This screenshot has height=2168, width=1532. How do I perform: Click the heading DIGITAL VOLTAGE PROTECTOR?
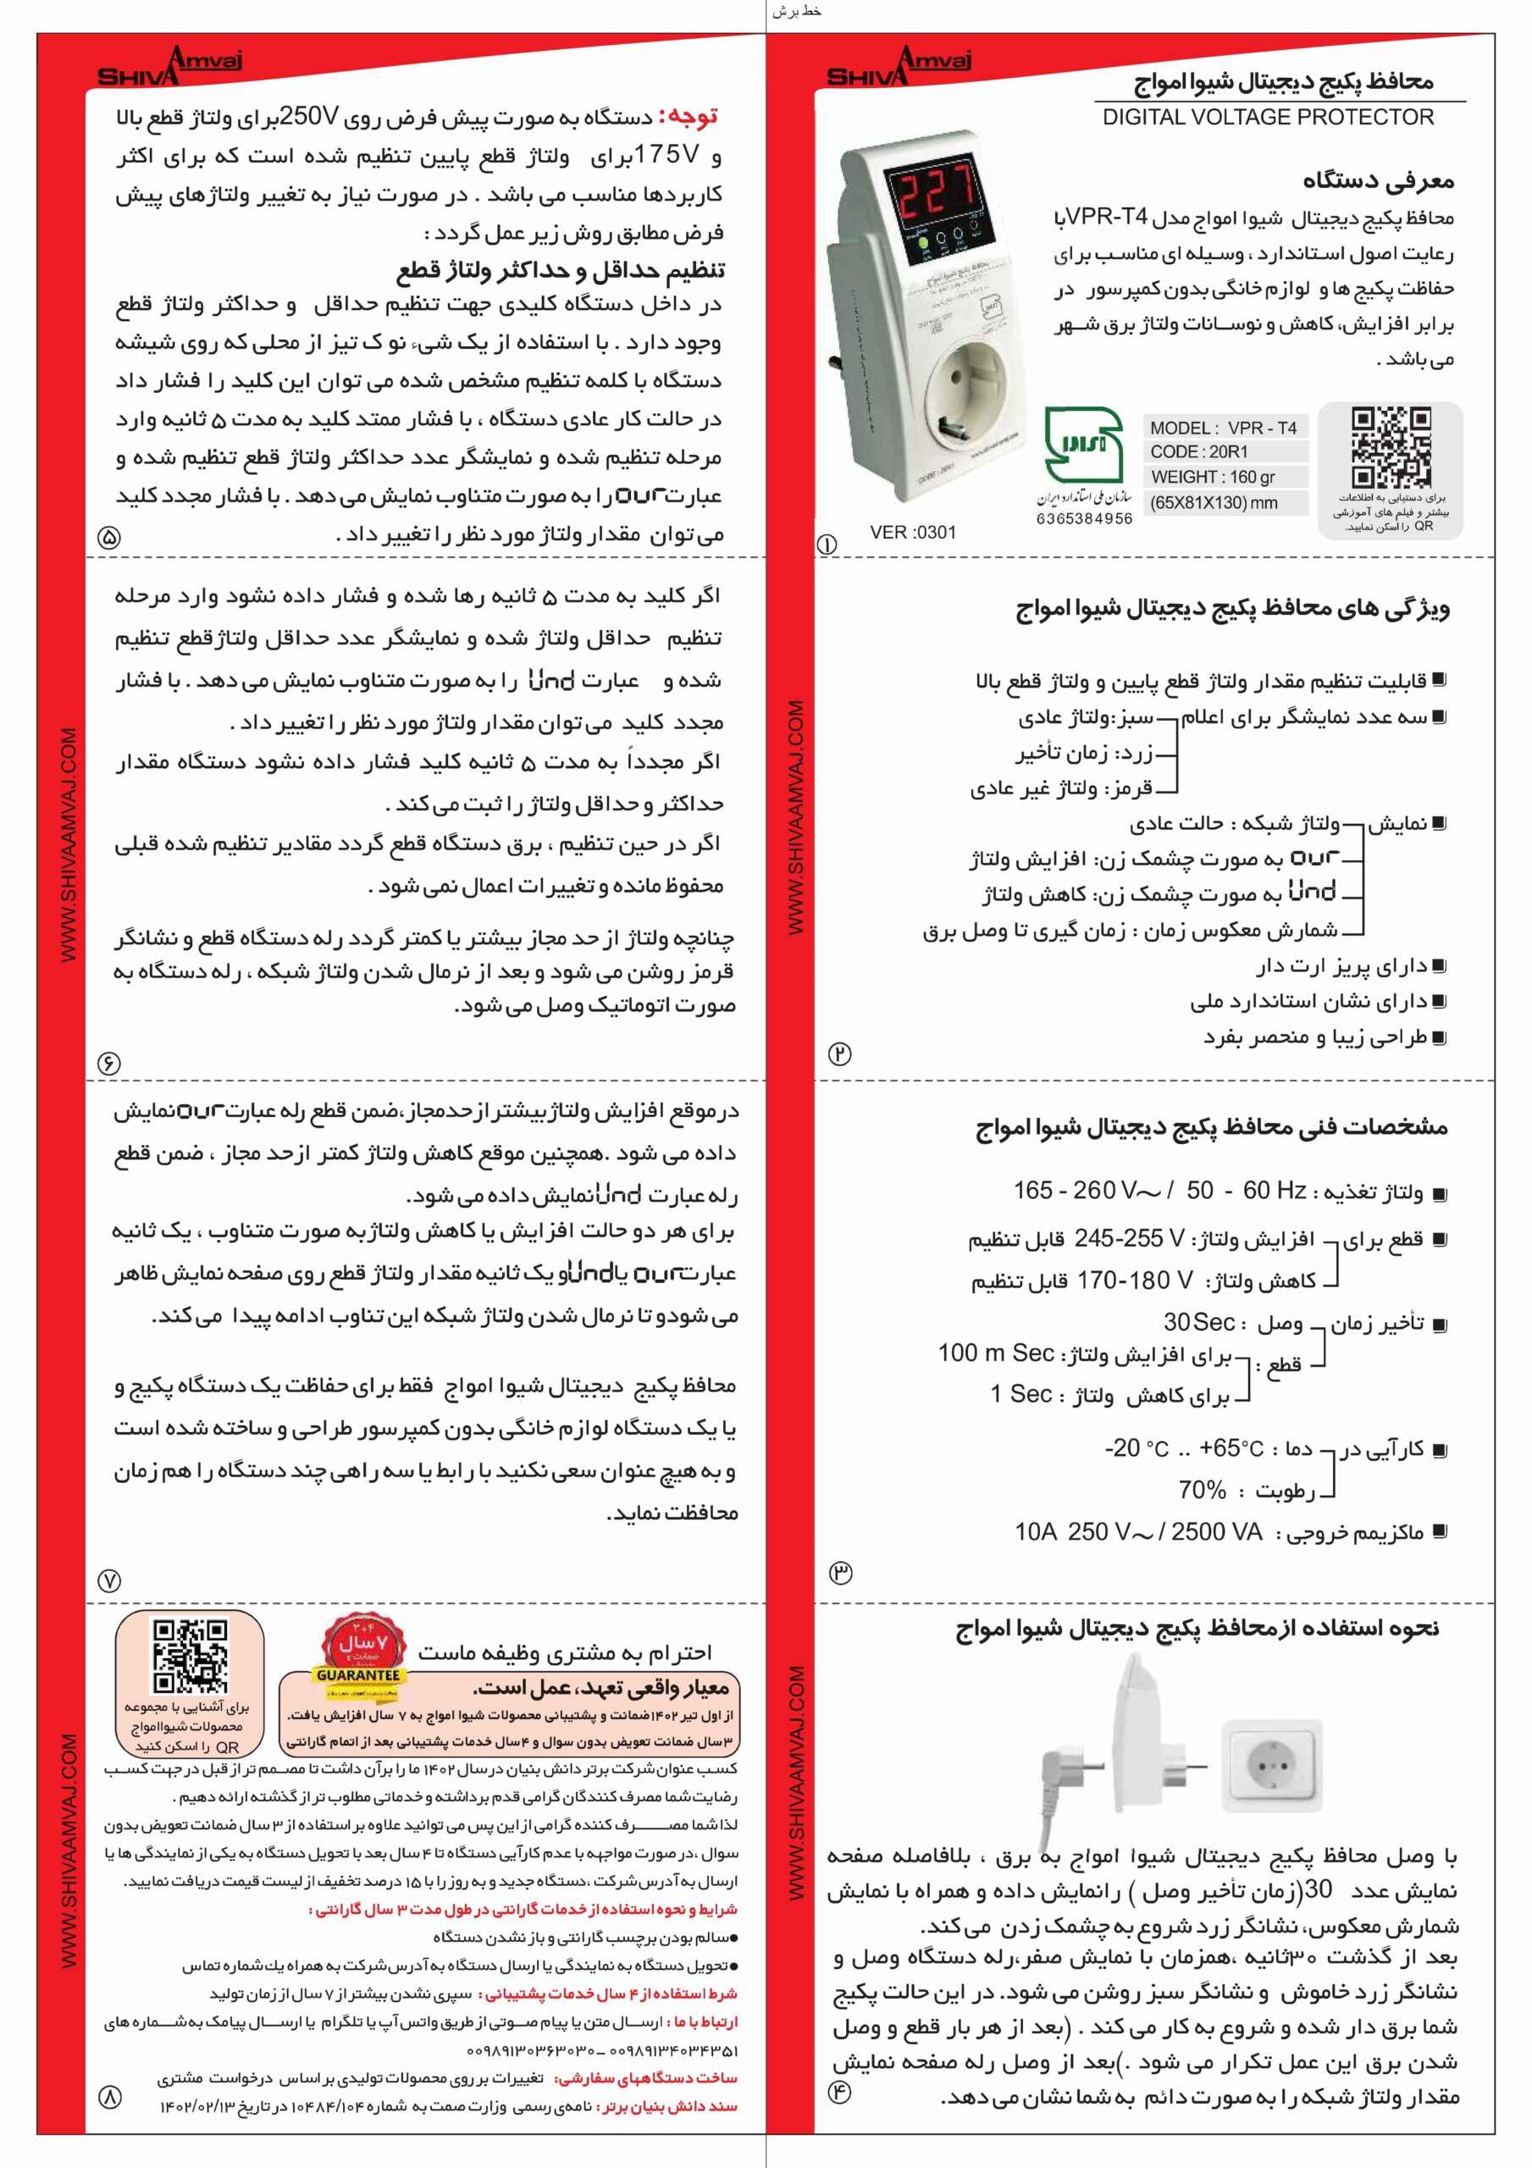tap(1268, 117)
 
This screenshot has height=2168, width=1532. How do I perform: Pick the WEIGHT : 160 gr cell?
tap(1212, 477)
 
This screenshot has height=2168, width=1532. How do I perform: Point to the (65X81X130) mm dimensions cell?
tap(1213, 502)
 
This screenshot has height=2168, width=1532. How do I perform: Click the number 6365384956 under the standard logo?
tap(1083, 518)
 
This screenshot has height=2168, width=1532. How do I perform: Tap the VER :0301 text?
tap(912, 533)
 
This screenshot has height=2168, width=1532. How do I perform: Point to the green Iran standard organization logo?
tap(1083, 445)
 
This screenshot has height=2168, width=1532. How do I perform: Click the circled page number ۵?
tap(109, 537)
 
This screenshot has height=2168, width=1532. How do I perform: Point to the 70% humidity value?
tap(1202, 1489)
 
